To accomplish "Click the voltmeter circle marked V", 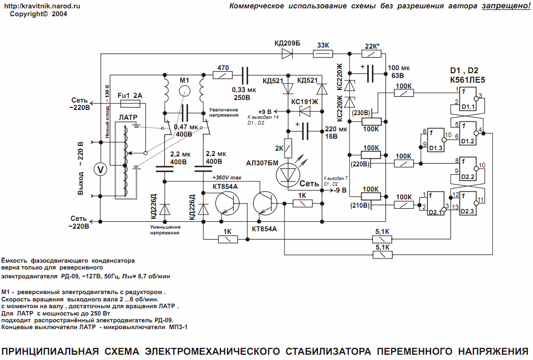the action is pyautogui.click(x=100, y=170).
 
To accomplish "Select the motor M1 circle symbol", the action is pyautogui.click(x=184, y=91).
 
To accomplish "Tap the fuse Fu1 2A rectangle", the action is pyautogui.click(x=131, y=103).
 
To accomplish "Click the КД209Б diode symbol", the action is pyautogui.click(x=287, y=54).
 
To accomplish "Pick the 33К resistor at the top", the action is pyautogui.click(x=323, y=54).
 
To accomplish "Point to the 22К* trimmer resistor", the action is pyautogui.click(x=371, y=54).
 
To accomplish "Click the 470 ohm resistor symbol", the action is pyautogui.click(x=223, y=75).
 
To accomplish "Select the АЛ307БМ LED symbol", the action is pyautogui.click(x=288, y=175).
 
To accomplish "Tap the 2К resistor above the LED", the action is pyautogui.click(x=288, y=148).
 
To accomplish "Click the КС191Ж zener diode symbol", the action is pyautogui.click(x=304, y=111).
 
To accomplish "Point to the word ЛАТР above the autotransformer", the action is pyautogui.click(x=128, y=117).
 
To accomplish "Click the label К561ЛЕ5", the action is pyautogui.click(x=468, y=80).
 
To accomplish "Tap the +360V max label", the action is pyautogui.click(x=227, y=177).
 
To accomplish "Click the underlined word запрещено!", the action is pyautogui.click(x=506, y=6).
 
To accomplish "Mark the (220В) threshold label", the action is pyautogui.click(x=360, y=164).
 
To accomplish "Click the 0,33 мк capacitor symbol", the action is pyautogui.click(x=245, y=75).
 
